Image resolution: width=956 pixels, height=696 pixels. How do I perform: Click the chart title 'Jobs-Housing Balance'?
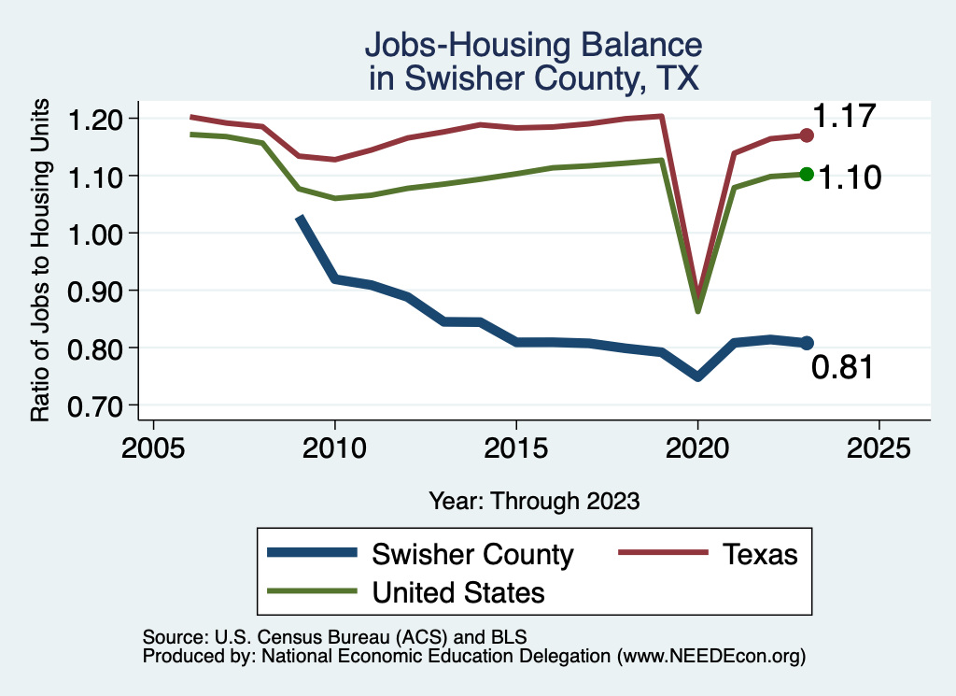click(x=533, y=46)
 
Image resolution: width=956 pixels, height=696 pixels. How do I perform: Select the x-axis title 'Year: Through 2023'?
click(x=534, y=501)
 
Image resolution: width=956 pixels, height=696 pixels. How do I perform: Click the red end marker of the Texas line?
click(x=807, y=135)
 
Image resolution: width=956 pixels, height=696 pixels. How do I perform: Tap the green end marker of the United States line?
click(x=807, y=175)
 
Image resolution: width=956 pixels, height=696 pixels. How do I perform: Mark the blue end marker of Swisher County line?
click(x=807, y=343)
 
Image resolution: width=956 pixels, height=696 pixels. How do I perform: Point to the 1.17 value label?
click(x=843, y=117)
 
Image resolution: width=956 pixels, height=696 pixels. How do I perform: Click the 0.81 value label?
click(x=842, y=368)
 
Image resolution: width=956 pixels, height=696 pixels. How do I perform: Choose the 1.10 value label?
click(x=850, y=178)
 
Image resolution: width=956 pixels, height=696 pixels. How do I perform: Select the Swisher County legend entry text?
click(x=472, y=554)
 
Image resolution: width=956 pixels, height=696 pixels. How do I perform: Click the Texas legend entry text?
click(x=760, y=554)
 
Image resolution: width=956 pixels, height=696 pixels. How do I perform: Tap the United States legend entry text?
click(x=458, y=592)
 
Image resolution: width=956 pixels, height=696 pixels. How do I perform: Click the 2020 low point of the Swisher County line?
click(x=697, y=376)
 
